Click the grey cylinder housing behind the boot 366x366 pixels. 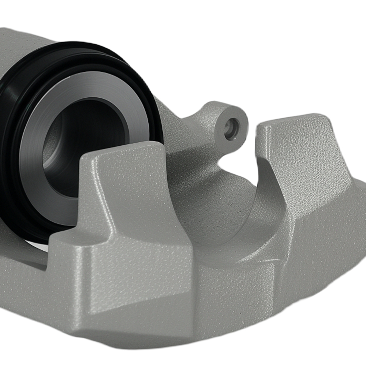[22, 44]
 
